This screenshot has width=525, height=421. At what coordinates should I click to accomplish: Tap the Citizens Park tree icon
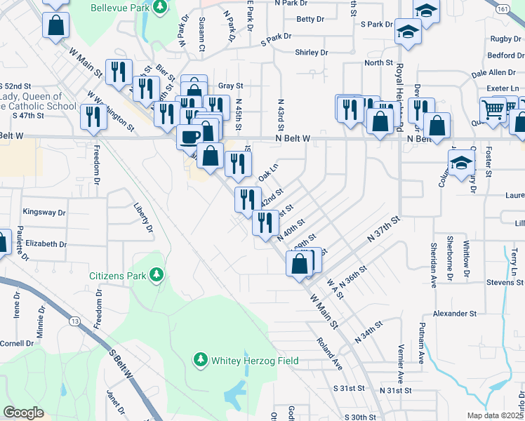[x=159, y=275]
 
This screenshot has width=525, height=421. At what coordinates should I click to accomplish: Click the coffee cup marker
[x=190, y=135]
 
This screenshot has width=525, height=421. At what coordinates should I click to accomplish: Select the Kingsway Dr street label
[x=44, y=212]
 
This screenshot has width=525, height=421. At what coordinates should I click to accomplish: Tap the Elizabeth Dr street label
[x=46, y=244]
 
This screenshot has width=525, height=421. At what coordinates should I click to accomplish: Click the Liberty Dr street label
[x=142, y=218]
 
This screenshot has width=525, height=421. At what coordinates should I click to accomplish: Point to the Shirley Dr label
[x=312, y=53]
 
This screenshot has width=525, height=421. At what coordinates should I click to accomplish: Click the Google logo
[x=24, y=413]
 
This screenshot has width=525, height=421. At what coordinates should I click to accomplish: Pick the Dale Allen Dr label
[x=493, y=73]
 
